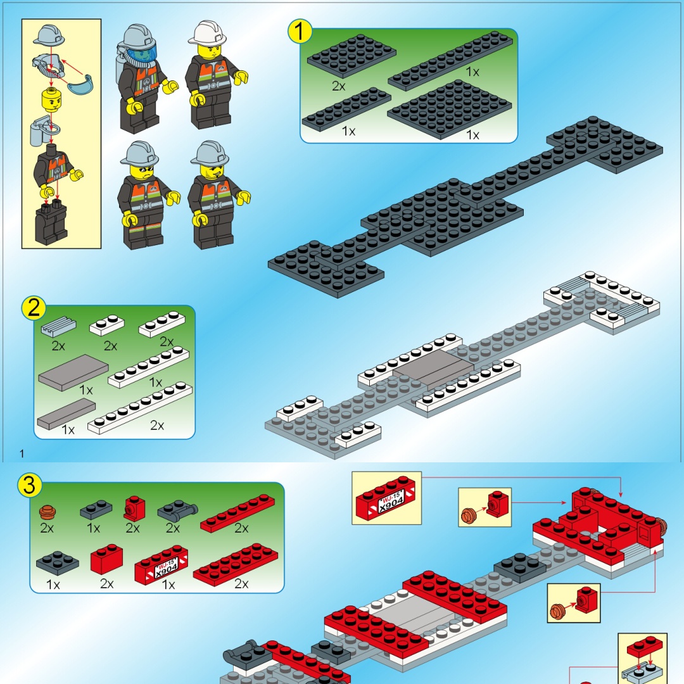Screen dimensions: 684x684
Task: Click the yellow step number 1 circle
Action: [300, 31]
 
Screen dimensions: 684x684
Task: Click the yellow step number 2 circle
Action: [34, 308]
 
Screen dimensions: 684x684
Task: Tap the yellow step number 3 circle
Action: [30, 484]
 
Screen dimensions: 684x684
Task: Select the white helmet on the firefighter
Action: [208, 32]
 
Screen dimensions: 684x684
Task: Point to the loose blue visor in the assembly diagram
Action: [82, 85]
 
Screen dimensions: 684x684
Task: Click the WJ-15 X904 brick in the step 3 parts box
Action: [161, 566]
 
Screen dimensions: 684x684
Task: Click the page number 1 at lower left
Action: [22, 453]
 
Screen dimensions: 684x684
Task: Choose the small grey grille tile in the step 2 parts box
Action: [58, 326]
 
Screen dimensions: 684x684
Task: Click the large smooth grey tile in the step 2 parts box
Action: [73, 372]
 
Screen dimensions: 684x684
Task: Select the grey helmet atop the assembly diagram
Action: [48, 35]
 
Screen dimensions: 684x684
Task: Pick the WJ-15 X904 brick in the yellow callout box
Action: [386, 497]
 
